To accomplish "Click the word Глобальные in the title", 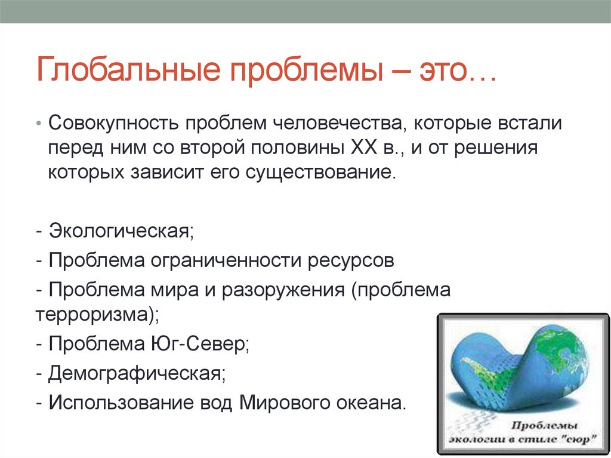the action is coord(129,69).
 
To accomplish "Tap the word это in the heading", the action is coord(443,70).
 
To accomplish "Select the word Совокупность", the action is coord(114,123).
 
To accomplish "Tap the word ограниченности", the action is coord(226,260).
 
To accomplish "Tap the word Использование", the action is coord(121,403).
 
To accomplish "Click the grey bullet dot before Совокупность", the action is coord(38,124).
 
